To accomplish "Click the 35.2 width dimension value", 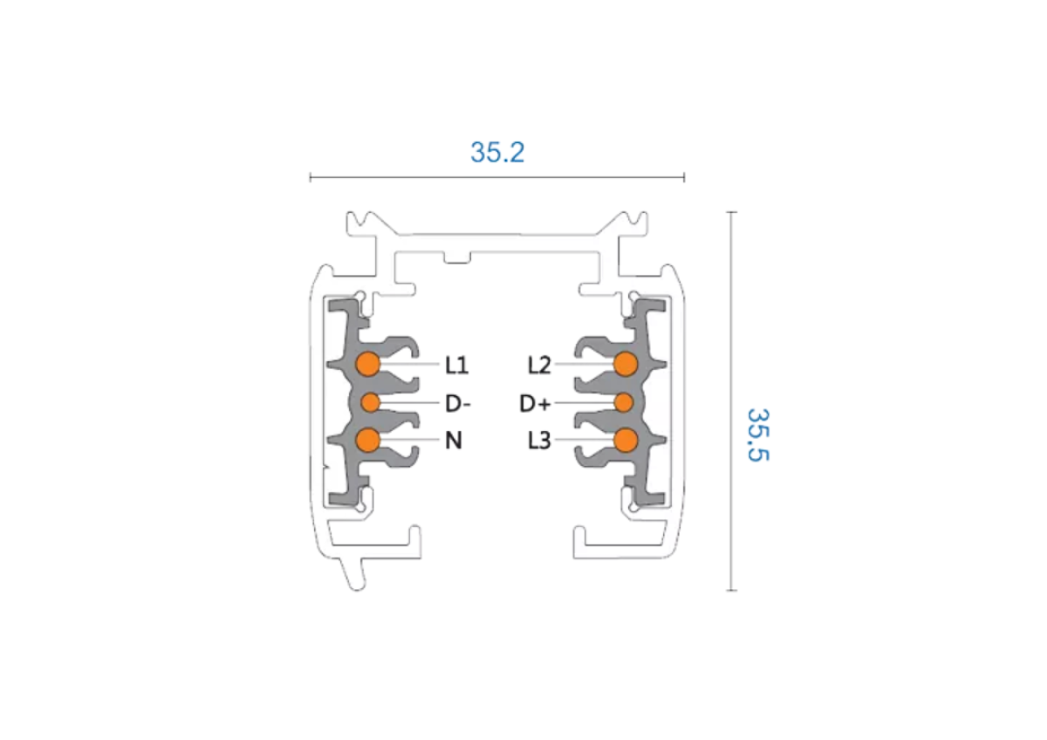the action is (x=497, y=153).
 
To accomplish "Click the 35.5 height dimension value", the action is (x=757, y=435).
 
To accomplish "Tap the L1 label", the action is (x=456, y=365).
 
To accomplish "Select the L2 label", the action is (x=539, y=365).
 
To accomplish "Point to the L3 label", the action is (x=539, y=441).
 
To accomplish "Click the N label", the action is (x=454, y=441).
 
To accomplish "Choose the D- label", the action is (x=457, y=403).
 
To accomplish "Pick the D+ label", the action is (x=535, y=403).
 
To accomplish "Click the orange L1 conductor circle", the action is (x=368, y=364).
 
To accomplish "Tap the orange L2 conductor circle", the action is (x=626, y=364).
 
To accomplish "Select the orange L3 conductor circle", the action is (x=626, y=441).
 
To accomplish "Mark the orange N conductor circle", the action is (x=368, y=440).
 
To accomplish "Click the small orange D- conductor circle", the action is (x=371, y=402).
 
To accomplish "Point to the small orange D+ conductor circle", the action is (x=624, y=402).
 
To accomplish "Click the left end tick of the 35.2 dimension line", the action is (x=311, y=177).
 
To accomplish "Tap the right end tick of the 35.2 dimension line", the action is (x=684, y=177).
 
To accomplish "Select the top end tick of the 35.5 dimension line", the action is (x=731, y=212).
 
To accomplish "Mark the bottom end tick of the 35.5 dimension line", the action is (x=731, y=591).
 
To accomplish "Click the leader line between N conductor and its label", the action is (x=410, y=440).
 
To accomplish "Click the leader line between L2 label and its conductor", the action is (x=585, y=364).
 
